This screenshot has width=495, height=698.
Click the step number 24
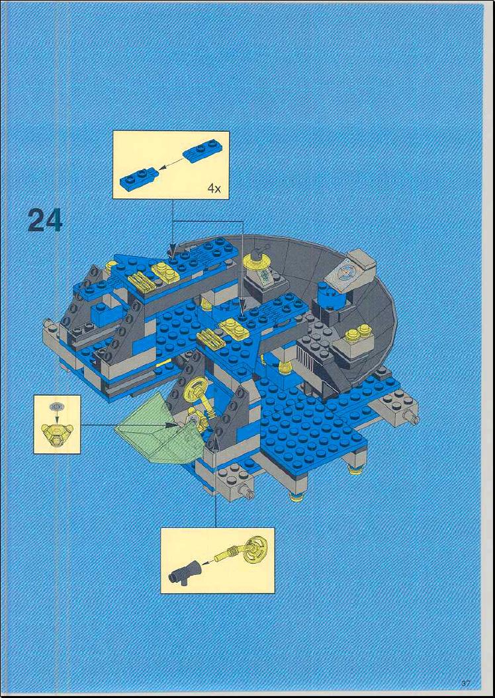coord(44,221)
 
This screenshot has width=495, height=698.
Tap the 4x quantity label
coord(214,189)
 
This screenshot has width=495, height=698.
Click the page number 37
coord(466,683)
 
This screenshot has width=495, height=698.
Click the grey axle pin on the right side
coord(412,419)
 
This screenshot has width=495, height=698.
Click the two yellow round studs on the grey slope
coord(357,331)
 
